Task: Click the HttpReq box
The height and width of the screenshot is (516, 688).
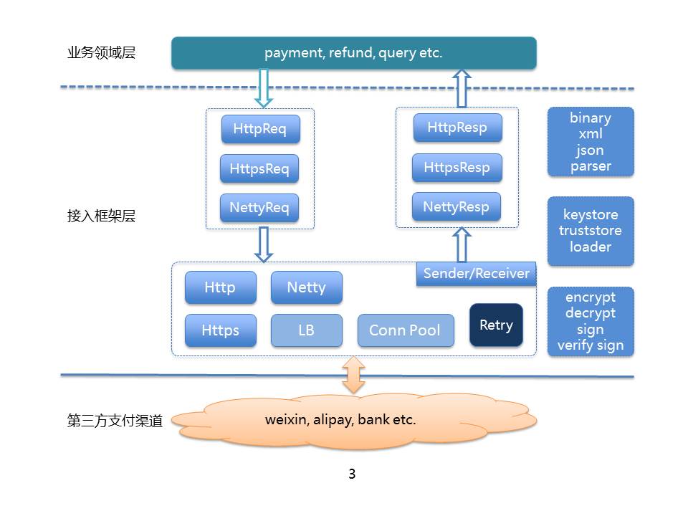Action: click(260, 130)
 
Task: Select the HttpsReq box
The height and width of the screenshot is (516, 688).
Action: click(259, 169)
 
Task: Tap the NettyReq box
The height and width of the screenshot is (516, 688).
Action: click(259, 209)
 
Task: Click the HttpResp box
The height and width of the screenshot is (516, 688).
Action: click(457, 128)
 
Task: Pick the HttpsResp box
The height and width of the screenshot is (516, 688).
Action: click(457, 168)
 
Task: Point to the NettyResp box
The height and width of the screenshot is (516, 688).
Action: click(457, 207)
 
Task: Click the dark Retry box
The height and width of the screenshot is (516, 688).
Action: click(496, 325)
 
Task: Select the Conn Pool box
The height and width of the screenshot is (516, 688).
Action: click(406, 330)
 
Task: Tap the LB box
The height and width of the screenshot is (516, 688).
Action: click(306, 330)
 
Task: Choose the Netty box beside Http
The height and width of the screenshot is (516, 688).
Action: click(306, 287)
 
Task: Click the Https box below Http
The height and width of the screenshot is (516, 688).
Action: click(220, 330)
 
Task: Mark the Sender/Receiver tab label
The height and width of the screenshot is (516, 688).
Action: click(476, 273)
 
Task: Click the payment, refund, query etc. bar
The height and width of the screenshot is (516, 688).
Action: click(353, 53)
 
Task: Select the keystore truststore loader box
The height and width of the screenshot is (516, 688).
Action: click(591, 231)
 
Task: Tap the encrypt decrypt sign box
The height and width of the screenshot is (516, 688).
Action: click(591, 321)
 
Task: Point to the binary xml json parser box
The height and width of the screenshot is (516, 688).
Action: click(591, 142)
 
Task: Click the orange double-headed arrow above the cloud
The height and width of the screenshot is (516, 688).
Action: click(353, 375)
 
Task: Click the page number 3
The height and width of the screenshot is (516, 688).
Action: click(351, 474)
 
